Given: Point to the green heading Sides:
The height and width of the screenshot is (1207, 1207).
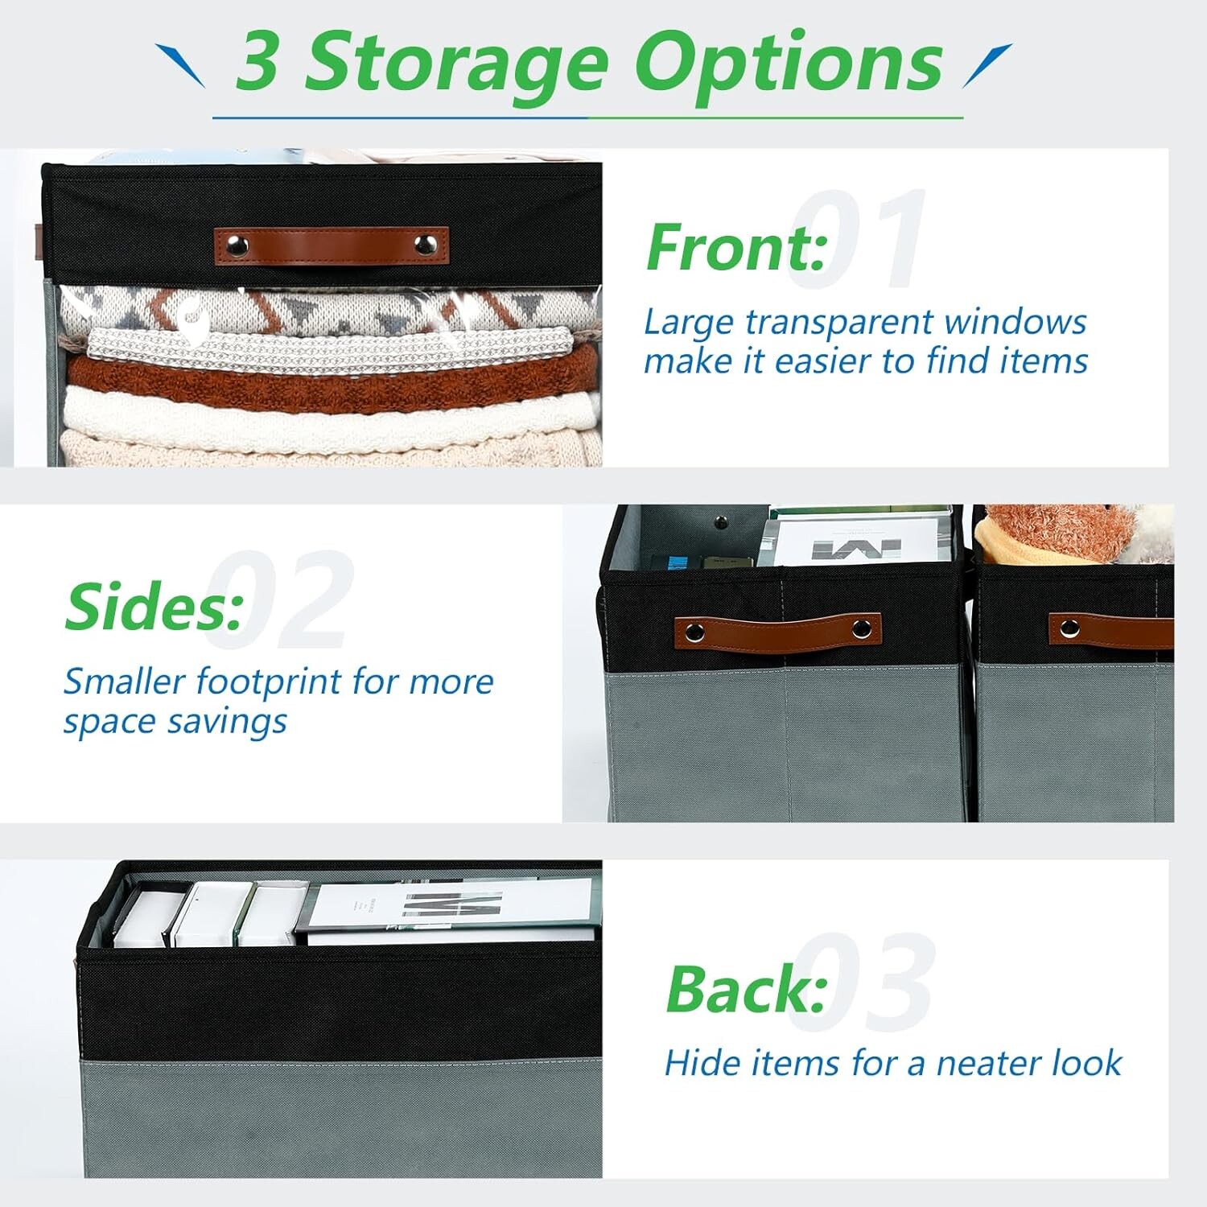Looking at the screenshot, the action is [x=154, y=607].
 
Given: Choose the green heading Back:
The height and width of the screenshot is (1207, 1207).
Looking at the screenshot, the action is [x=747, y=989].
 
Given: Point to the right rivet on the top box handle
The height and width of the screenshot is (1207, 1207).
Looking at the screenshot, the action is [x=425, y=245].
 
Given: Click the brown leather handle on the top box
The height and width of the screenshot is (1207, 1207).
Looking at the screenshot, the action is [x=331, y=245].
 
